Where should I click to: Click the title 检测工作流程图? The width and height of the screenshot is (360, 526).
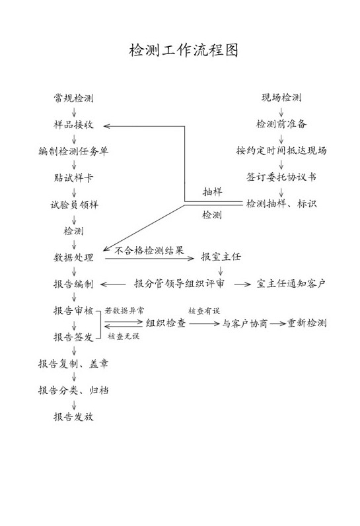(x=184, y=50)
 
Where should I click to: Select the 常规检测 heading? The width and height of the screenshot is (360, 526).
(x=73, y=98)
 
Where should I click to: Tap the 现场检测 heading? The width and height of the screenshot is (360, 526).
(x=281, y=97)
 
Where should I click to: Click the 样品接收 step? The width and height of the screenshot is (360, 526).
(x=73, y=125)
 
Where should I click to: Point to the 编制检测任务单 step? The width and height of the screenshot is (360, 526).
(x=73, y=151)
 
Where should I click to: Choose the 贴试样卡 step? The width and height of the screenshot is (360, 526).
(x=73, y=178)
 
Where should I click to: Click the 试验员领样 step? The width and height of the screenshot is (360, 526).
(x=74, y=205)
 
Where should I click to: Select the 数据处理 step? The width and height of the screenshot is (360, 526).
(x=73, y=257)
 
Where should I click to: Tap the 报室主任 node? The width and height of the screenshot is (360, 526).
(x=221, y=257)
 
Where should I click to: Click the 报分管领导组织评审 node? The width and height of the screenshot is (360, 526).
(x=179, y=284)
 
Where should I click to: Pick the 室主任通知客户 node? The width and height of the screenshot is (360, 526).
(x=291, y=284)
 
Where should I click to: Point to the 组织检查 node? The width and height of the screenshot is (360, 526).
(x=166, y=323)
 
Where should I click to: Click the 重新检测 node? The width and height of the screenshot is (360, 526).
(x=307, y=323)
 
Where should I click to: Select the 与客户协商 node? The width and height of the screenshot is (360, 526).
(x=245, y=323)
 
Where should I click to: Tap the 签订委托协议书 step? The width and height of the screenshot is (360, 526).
(x=281, y=177)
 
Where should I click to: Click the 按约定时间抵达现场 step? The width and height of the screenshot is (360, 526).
(x=281, y=150)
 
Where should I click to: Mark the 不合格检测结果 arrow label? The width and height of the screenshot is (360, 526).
(x=149, y=250)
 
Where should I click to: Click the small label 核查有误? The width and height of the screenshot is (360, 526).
(x=204, y=311)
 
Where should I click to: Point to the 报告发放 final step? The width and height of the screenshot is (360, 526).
(x=73, y=416)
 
